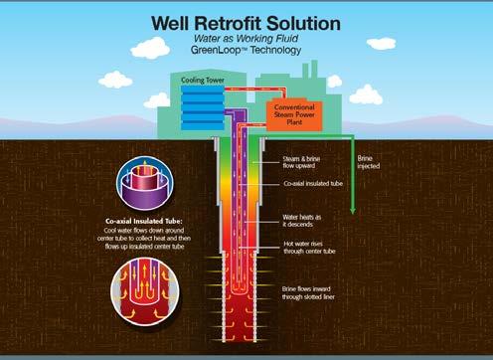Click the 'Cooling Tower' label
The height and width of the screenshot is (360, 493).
pos(202,79)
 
